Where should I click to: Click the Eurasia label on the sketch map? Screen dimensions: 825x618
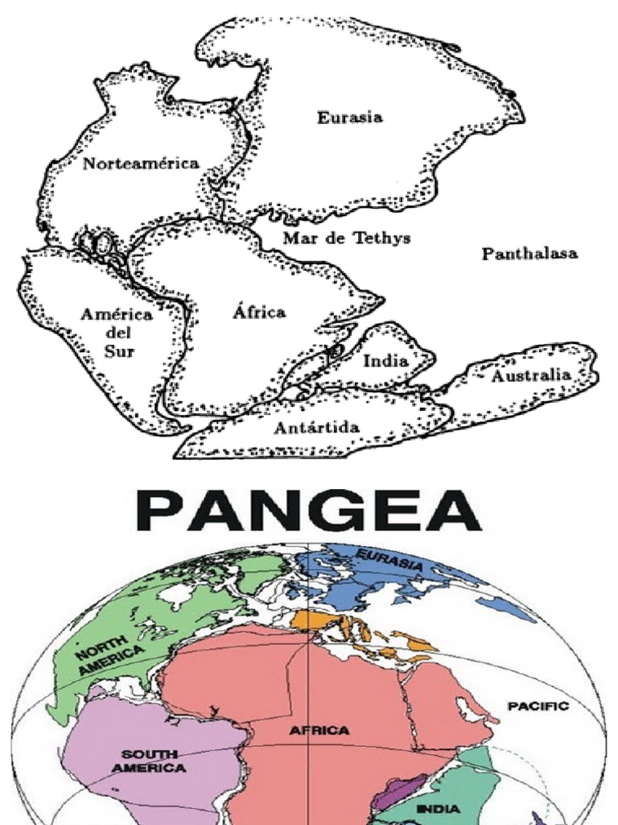point(349,118)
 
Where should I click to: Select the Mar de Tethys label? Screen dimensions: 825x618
point(347,238)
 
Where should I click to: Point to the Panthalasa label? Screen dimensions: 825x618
point(529,254)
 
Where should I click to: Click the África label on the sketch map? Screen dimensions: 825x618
point(259,312)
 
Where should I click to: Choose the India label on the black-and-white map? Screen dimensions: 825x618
point(385,360)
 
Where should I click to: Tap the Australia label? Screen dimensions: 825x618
point(531,375)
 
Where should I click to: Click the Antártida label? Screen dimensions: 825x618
point(316,427)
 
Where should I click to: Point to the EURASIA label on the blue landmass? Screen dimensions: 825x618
point(389,562)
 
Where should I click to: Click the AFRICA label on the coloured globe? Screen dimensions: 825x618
point(320,731)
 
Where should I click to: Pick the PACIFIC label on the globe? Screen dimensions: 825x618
point(538,707)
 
